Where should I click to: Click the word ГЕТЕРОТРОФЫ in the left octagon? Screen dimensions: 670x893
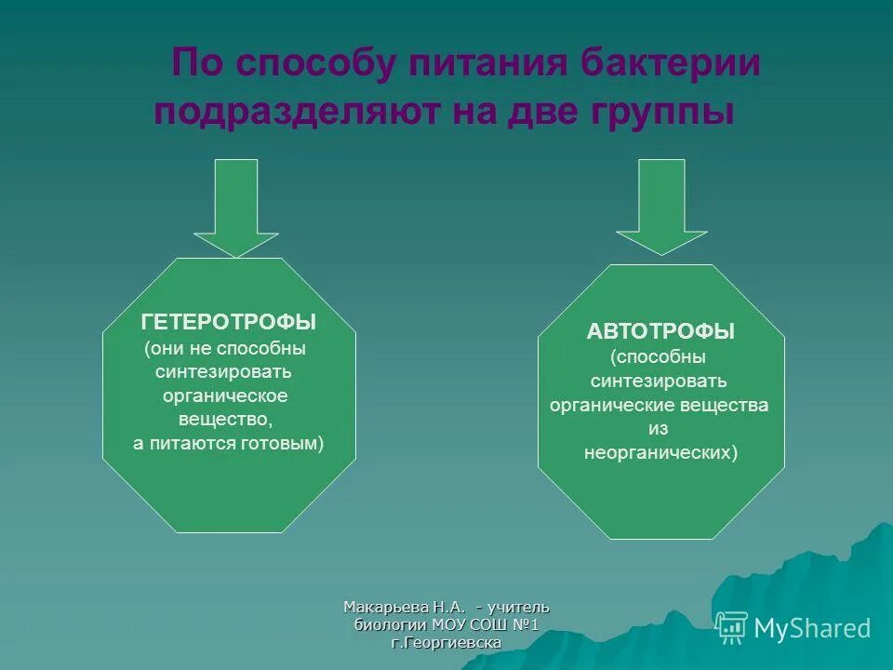[x=229, y=322]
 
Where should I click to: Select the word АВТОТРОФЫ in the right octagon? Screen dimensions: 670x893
[x=660, y=331]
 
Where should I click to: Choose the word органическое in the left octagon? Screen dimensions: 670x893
[x=229, y=395]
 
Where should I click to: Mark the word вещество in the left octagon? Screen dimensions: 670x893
[x=226, y=420]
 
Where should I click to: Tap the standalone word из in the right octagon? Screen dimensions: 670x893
[x=659, y=429]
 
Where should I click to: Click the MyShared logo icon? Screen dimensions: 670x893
[x=731, y=628]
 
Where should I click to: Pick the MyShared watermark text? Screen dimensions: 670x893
[x=812, y=628]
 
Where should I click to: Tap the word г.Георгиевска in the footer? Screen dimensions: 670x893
[x=446, y=643]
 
